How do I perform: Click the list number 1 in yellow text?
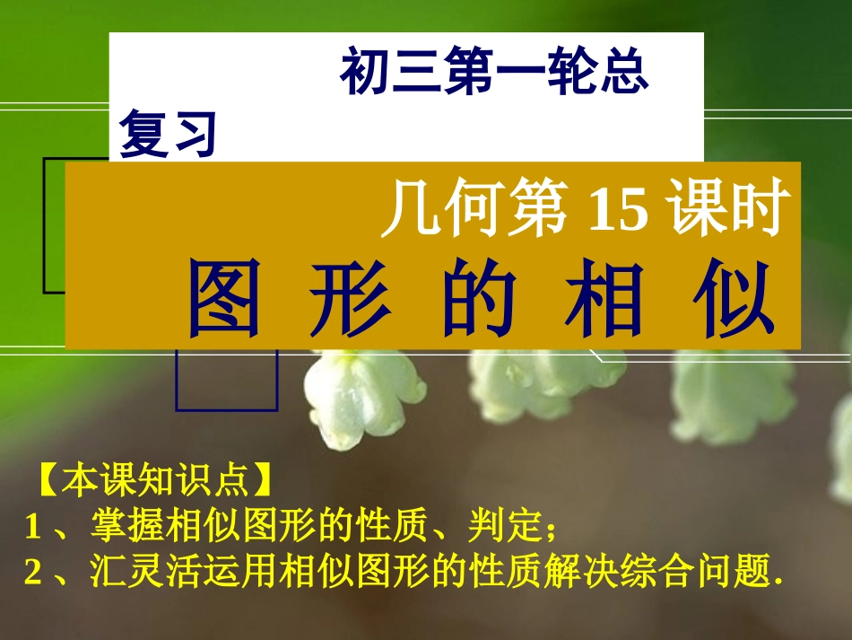pyautogui.click(x=33, y=527)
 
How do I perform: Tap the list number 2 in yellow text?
pyautogui.click(x=33, y=572)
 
